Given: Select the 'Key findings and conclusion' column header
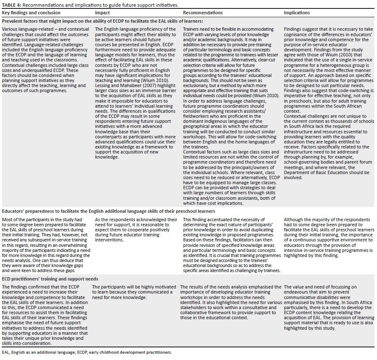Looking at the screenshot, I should click(31, 13).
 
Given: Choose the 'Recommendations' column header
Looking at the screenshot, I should click(203, 13).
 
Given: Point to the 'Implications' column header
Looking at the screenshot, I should click(297, 13).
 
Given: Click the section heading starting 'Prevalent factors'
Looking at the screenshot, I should click(103, 21).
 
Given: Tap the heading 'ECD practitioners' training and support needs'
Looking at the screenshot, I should click(50, 279).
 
